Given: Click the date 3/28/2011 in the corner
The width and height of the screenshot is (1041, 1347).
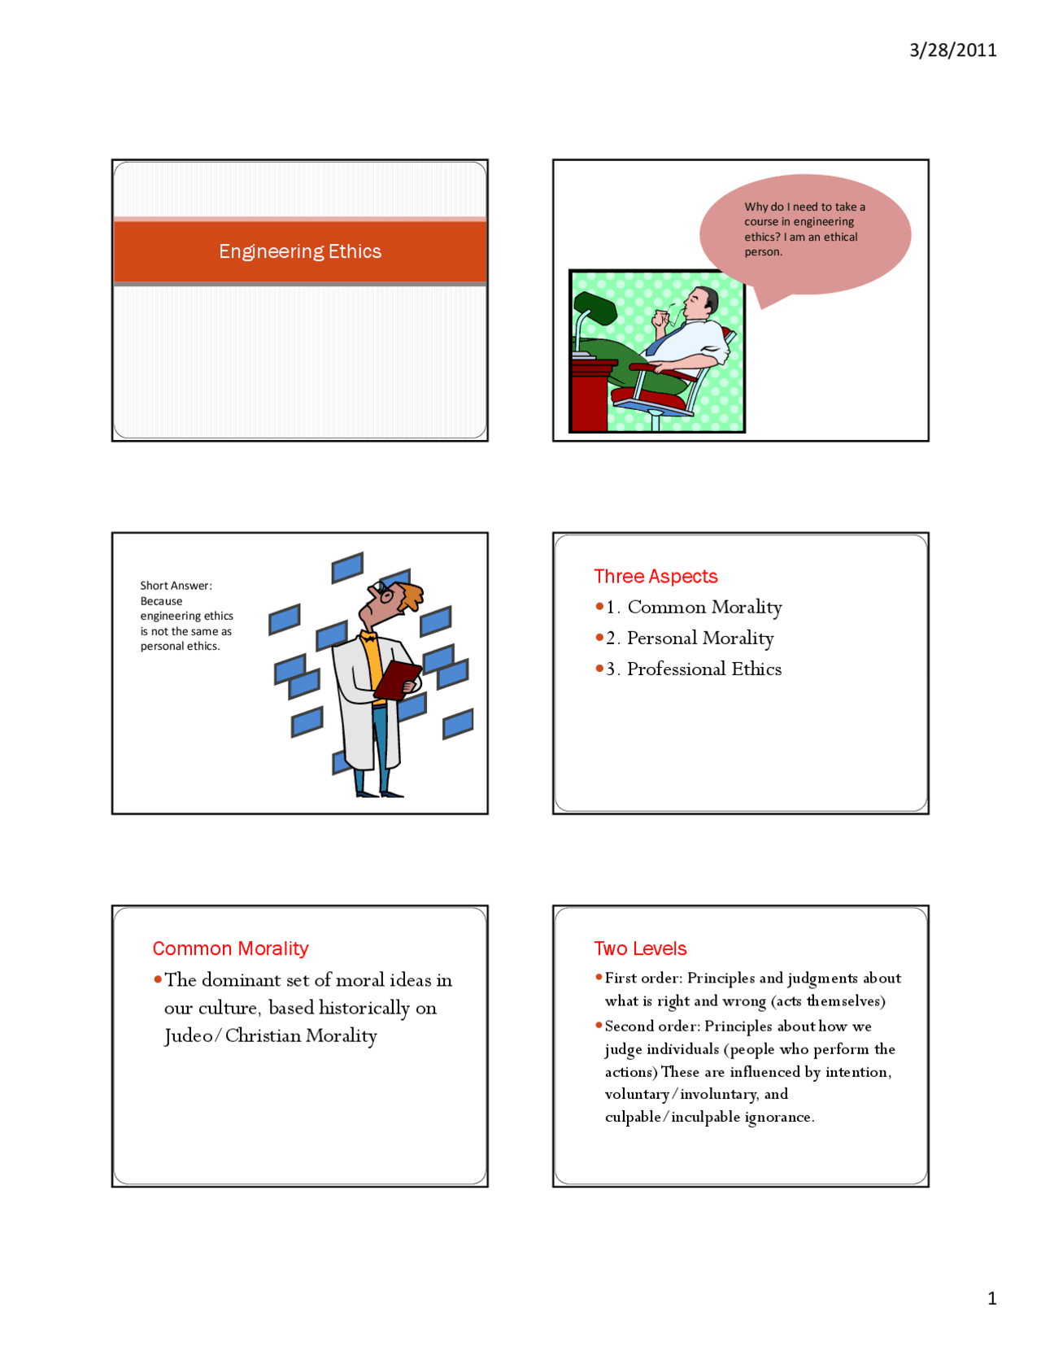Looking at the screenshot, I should pos(952,50).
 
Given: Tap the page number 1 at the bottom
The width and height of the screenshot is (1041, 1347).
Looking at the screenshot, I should pos(991,1297).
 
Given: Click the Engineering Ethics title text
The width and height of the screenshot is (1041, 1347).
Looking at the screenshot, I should pos(300,251).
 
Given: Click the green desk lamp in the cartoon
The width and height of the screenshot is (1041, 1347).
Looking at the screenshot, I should pos(594,310).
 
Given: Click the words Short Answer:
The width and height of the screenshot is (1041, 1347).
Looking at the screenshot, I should pos(176,586).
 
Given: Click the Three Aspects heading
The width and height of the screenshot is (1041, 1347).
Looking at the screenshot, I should pos(656,577).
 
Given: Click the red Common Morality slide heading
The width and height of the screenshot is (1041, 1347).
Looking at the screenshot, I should pos(230,948).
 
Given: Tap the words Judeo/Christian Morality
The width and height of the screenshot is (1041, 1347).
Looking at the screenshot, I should pos(271,1035).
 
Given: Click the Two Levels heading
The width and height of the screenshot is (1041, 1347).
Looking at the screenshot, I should pos(640,948).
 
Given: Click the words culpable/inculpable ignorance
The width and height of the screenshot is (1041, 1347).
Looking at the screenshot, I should pos(709,1117).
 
